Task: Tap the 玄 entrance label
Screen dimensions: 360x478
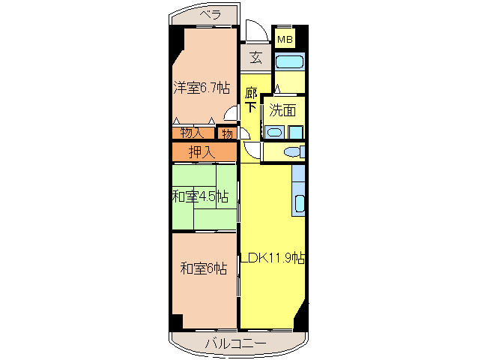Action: [255, 58]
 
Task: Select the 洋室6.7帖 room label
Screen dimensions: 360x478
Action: [201, 88]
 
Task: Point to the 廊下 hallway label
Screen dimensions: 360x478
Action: [251, 100]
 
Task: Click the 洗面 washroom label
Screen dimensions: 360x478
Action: [282, 109]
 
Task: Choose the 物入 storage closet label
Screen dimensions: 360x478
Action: [192, 133]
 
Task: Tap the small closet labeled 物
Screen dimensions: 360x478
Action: [226, 133]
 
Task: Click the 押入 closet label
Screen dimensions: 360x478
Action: [201, 151]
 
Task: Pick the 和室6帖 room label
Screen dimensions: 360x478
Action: [203, 268]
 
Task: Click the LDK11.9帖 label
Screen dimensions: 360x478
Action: [272, 257]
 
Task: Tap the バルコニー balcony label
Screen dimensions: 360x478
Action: [235, 344]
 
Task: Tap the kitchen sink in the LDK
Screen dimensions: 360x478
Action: [300, 202]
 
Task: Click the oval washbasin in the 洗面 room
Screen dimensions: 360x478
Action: [275, 133]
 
